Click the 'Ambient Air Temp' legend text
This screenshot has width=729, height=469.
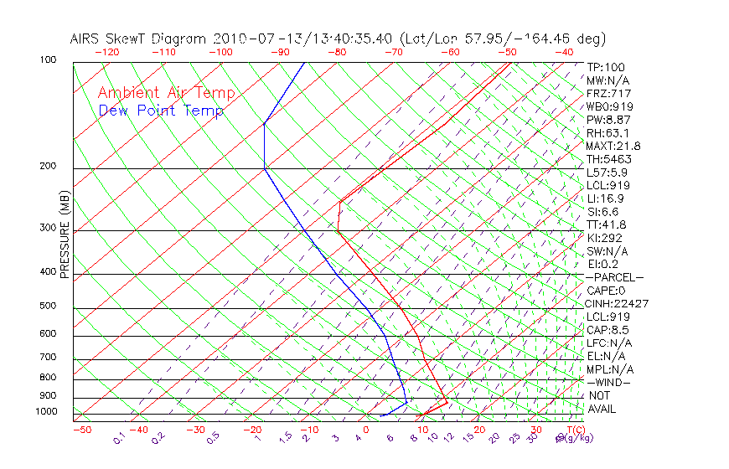pos(166,94)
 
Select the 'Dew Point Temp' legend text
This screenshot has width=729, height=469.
pos(160,111)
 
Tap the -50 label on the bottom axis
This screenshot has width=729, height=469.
pos(82,430)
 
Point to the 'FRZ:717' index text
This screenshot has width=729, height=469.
pos(608,94)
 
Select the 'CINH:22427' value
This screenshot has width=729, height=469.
pos(618,304)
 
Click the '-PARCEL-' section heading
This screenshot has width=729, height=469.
pos(615,277)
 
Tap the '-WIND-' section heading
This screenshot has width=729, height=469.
pos(608,383)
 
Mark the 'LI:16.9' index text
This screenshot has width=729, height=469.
pos(605,198)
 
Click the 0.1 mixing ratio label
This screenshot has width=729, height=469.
pos(118,440)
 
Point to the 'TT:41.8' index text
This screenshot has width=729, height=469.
pos(607,224)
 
